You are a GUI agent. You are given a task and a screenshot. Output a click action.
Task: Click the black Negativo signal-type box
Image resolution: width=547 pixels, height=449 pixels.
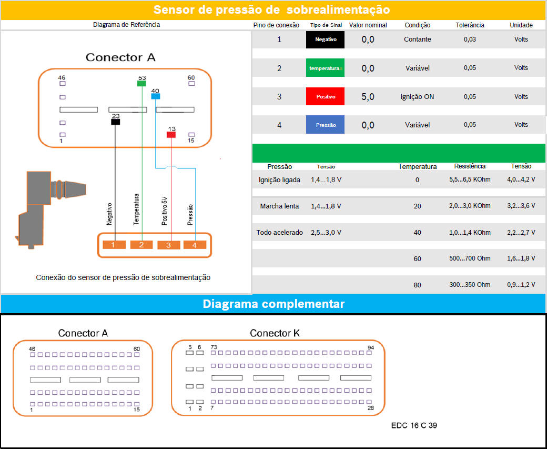coord(325,39)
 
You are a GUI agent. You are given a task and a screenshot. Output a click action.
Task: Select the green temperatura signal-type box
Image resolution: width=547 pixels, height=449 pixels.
coord(325,68)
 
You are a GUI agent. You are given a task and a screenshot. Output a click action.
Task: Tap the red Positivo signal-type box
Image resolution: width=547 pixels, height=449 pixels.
coord(325,97)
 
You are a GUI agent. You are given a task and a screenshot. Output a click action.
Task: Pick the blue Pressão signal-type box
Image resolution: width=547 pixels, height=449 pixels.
coord(325,125)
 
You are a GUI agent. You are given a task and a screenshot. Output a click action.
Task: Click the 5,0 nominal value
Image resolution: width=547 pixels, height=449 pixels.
coord(368,97)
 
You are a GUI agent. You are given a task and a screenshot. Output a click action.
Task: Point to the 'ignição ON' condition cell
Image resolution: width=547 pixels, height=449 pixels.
coord(418,97)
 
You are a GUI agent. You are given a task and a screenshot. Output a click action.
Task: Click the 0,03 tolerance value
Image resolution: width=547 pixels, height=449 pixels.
coord(470,39)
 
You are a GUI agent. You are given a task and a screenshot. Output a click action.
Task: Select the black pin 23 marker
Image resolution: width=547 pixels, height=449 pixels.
coord(116,122)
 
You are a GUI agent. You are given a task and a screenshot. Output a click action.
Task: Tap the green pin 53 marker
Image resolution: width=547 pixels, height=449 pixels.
coord(141,83)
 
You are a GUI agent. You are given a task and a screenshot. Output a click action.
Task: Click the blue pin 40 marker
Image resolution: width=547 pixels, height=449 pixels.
coord(155,96)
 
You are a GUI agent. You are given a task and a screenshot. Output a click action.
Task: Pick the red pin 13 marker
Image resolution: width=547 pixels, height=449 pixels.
coord(171,135)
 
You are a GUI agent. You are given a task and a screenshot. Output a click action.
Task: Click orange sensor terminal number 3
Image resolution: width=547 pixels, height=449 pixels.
coord(169,245)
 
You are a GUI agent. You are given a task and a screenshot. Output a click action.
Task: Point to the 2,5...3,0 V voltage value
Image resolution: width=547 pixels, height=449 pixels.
coord(326,233)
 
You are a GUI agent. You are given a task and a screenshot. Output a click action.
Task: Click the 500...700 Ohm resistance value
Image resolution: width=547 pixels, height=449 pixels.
coord(470,258)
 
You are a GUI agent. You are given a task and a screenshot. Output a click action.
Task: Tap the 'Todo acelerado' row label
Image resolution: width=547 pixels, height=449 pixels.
coord(280,233)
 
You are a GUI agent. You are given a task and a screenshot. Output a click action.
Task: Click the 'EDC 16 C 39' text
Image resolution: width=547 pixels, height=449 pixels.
coord(414,425)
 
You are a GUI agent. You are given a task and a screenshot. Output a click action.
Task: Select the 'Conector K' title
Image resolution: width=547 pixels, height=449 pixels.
coord(275,333)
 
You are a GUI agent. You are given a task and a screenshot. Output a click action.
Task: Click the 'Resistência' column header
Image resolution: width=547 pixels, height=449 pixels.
coord(470,166)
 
